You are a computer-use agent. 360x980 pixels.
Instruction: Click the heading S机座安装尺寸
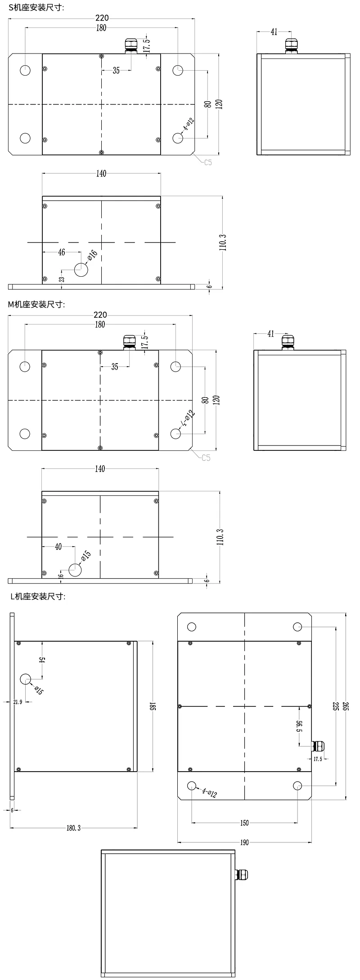tap(37, 7)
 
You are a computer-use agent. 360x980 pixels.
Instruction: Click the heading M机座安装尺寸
tap(37, 304)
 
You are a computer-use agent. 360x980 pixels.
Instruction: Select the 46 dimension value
tap(61, 253)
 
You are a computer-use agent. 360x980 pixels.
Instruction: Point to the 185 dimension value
tap(153, 707)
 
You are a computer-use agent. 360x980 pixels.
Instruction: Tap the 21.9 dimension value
tap(18, 702)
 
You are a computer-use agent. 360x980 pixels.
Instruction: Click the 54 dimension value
tap(42, 660)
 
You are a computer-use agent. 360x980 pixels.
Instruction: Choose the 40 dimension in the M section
tap(58, 547)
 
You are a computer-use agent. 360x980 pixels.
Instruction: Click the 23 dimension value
tap(62, 279)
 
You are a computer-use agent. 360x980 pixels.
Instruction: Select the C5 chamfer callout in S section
tap(207, 162)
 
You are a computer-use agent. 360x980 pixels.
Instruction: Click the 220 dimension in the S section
tap(102, 18)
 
